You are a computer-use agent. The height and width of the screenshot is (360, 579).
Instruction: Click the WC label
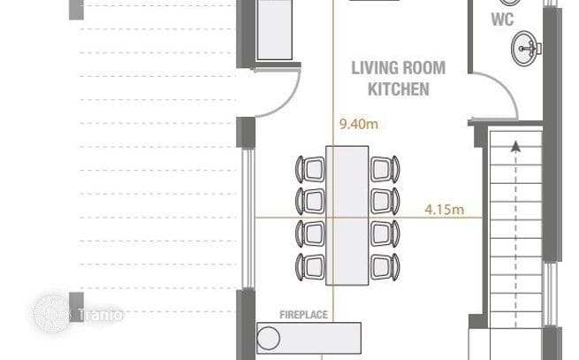502,19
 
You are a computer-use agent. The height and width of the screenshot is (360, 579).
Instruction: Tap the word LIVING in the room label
374,68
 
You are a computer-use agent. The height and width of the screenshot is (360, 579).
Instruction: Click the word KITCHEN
399,89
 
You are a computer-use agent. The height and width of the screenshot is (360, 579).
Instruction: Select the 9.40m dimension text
359,124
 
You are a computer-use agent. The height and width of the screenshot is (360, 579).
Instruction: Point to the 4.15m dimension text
445,210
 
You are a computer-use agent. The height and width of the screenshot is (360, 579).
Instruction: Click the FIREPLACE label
303,315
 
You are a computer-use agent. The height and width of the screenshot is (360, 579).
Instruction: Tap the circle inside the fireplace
269,338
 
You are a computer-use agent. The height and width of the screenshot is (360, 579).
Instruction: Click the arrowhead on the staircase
515,147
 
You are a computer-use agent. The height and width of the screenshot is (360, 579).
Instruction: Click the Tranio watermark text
101,315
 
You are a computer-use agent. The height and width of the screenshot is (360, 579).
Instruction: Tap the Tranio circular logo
51,313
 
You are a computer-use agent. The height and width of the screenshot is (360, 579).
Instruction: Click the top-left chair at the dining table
310,169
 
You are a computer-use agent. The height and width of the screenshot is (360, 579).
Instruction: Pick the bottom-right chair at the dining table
385,267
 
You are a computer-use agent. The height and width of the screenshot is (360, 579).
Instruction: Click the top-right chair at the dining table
385,169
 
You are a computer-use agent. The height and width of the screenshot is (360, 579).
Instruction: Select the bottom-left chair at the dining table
310,267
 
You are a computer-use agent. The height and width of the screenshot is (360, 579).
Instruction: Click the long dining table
347,216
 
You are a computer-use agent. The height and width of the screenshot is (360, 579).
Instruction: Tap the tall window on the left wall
248,218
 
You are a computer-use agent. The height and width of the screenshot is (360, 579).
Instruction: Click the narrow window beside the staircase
551,295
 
